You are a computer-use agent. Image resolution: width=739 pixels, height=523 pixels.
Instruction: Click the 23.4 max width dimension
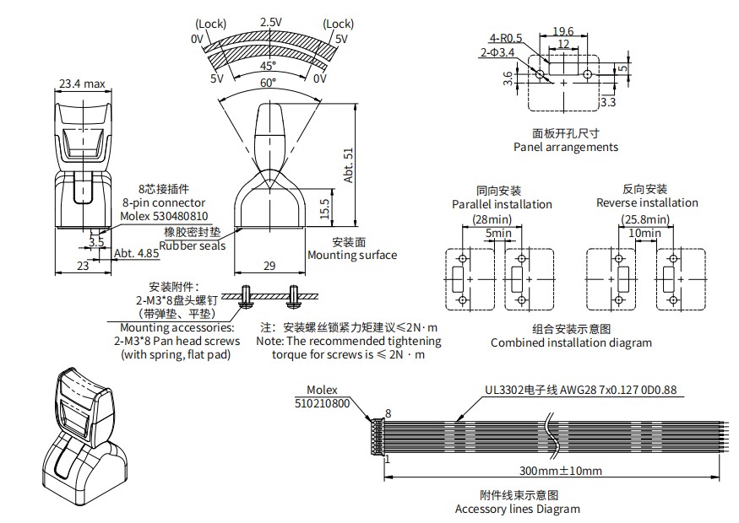pos(82,84)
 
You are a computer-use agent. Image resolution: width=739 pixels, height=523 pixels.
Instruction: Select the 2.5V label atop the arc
pos(271,22)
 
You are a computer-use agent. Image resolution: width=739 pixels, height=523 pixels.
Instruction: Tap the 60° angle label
pos(268,83)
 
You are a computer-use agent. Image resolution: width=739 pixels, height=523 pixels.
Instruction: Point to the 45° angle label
pos(268,66)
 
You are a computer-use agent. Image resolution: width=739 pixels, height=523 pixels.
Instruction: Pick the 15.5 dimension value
pos(325,207)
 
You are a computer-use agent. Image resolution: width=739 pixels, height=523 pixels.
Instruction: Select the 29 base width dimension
pos(269,266)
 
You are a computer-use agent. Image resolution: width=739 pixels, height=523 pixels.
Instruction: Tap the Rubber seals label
pos(193,245)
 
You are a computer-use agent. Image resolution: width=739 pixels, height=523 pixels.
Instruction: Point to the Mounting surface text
pos(351,255)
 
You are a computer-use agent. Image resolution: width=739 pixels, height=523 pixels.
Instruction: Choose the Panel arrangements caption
pos(565,147)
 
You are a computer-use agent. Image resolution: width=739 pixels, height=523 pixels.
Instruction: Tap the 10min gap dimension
pos(647,232)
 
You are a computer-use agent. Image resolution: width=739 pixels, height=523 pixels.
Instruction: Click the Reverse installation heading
pos(647,202)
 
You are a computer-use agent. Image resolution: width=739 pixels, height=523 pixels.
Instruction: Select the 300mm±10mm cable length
pos(560,470)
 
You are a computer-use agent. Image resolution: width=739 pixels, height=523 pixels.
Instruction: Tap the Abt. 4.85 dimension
pos(136,252)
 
